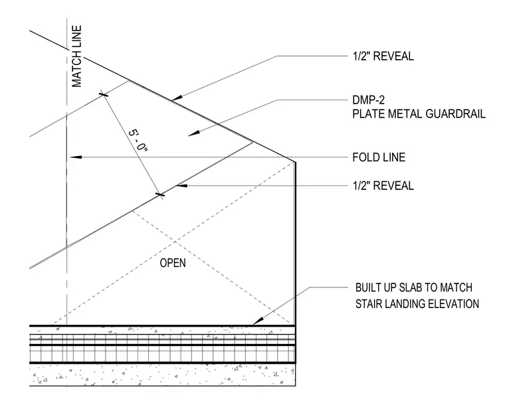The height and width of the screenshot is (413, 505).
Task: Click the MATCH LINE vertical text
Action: click(76, 56)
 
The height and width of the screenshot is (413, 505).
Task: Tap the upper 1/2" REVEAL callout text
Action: click(383, 56)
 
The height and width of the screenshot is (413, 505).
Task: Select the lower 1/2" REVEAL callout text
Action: click(383, 186)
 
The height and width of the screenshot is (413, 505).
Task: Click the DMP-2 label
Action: click(368, 100)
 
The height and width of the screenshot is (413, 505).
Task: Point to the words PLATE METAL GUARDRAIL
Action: click(419, 114)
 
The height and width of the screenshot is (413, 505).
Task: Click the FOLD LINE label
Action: click(379, 157)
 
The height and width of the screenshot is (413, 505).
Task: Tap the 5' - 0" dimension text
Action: click(138, 141)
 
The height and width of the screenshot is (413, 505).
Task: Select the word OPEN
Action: click(173, 263)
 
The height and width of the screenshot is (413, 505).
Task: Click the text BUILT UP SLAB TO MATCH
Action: click(414, 288)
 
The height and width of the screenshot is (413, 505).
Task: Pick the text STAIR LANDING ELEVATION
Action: click(417, 304)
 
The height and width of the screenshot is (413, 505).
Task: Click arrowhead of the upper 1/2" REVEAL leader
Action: click(176, 98)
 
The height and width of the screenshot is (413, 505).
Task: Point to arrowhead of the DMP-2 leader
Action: click(193, 133)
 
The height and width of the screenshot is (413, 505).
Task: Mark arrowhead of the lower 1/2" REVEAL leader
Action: click(181, 185)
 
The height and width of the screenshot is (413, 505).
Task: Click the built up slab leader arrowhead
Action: click(258, 321)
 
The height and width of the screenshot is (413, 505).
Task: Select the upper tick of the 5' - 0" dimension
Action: click(104, 94)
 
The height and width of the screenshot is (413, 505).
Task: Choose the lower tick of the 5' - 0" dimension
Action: click(160, 195)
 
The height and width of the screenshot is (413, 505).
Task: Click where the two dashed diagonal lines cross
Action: click(175, 241)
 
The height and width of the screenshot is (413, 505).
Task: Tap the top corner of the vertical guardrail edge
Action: click(295, 161)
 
